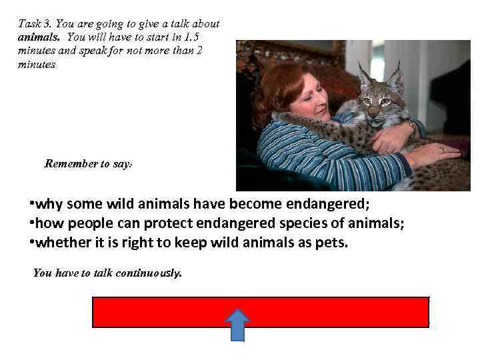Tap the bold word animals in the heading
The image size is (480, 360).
40,37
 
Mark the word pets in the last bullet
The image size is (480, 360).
331,243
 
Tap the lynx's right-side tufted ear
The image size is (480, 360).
395,78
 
